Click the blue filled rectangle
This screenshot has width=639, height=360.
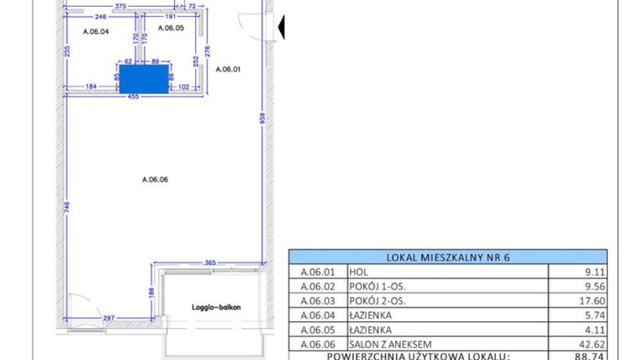pyautogui.click(x=145, y=79)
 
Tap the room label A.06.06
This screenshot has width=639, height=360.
pyautogui.click(x=156, y=178)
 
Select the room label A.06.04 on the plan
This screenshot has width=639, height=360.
pyautogui.click(x=97, y=31)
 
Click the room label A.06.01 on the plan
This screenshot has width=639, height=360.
pyautogui.click(x=228, y=70)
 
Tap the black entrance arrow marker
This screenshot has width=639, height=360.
pyautogui.click(x=282, y=29)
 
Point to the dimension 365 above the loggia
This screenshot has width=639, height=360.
pyautogui.click(x=210, y=263)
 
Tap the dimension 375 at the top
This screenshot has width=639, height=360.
pyautogui.click(x=120, y=6)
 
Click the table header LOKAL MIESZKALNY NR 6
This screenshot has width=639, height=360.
pyautogui.click(x=448, y=257)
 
